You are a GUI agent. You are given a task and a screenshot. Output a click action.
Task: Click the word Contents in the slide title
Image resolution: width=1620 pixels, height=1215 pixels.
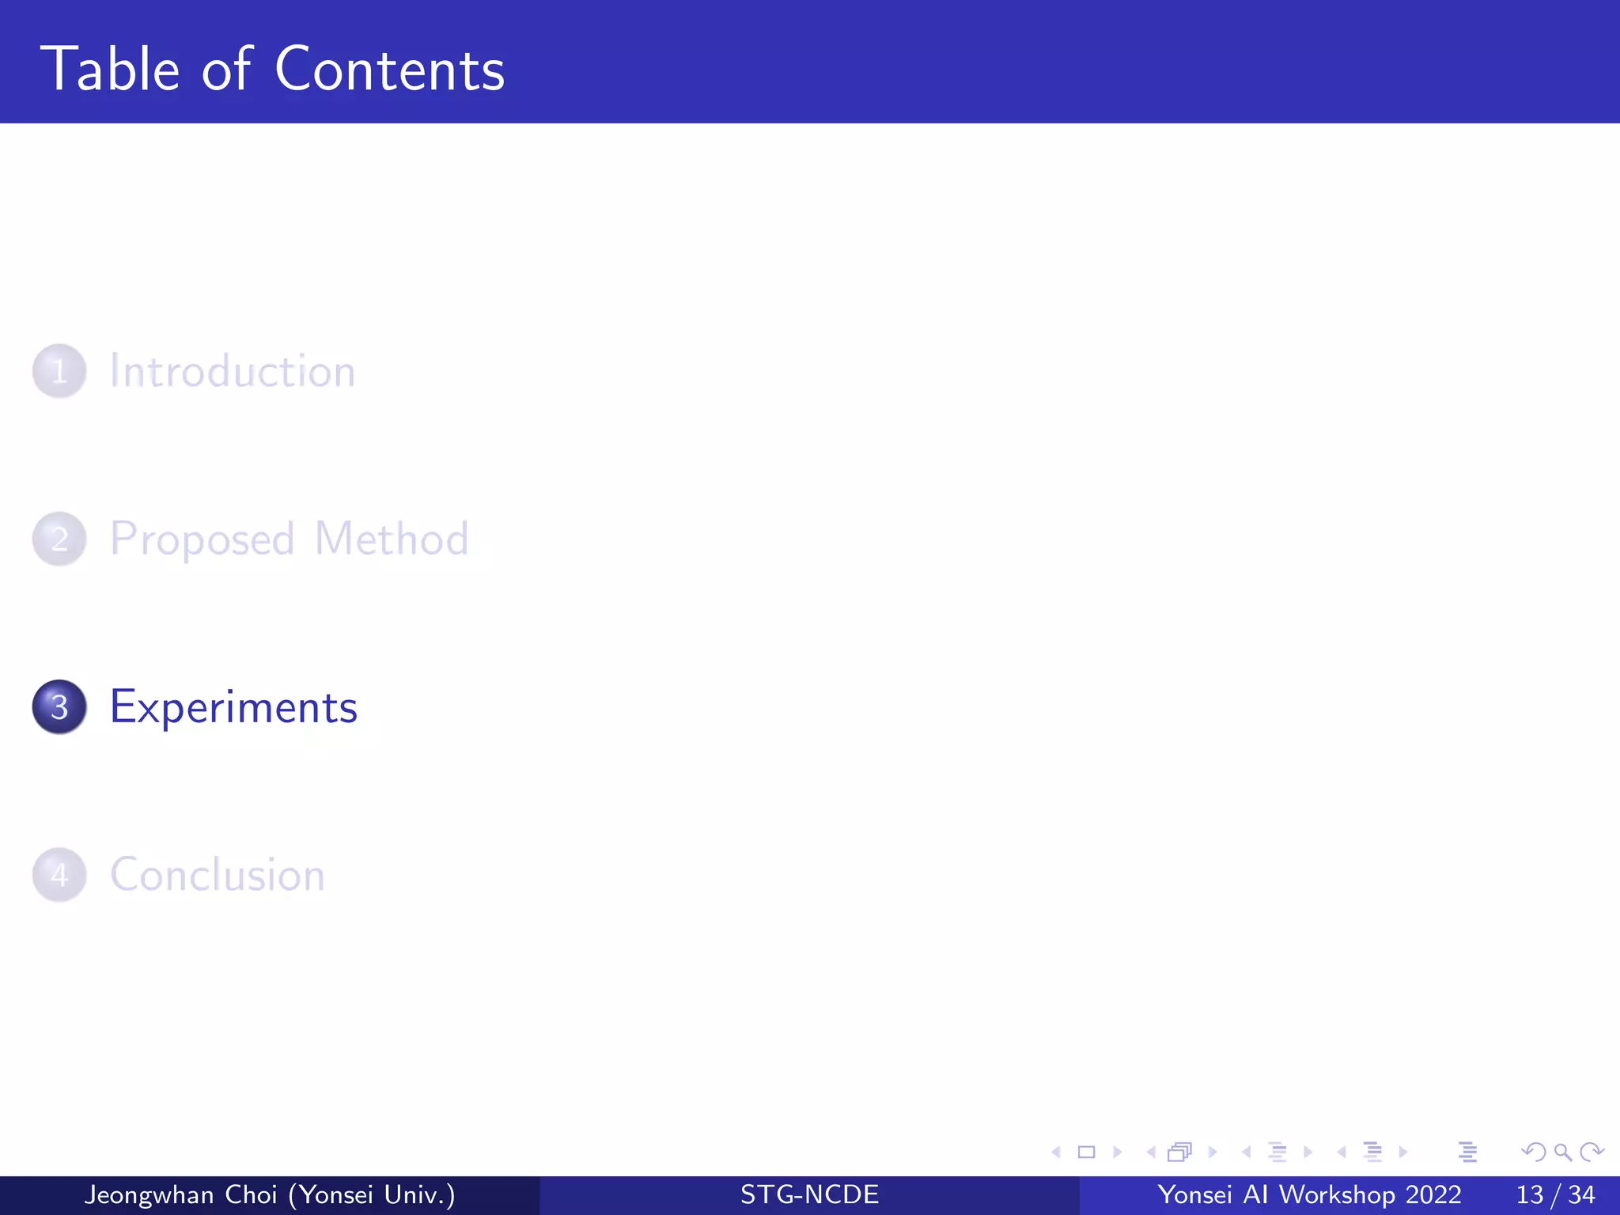[389, 70]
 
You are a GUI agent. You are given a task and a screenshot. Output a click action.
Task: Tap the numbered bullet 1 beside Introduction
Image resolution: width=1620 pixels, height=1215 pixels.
[59, 371]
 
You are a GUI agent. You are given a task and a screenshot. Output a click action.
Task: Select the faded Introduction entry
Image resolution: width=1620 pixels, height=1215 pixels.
[233, 371]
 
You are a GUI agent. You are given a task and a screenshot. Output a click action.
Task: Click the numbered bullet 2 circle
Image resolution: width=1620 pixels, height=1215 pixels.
[59, 539]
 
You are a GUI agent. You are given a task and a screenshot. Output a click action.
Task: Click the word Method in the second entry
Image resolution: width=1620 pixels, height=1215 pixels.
[392, 539]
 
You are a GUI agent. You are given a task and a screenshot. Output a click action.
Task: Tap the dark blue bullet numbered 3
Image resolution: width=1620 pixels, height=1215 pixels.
[59, 706]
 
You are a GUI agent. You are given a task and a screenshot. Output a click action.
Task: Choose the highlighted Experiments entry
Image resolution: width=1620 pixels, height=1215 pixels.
[233, 707]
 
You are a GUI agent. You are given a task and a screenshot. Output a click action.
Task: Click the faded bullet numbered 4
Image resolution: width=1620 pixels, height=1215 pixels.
[59, 875]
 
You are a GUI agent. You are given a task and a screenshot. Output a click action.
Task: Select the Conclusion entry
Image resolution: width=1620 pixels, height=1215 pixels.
[218, 875]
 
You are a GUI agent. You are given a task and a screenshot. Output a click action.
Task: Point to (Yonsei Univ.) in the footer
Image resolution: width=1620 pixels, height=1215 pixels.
[372, 1195]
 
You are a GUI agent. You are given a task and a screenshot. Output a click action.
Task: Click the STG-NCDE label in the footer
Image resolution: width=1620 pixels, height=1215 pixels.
[809, 1195]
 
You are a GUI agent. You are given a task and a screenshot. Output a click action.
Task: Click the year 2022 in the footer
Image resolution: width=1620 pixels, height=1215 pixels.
[1433, 1195]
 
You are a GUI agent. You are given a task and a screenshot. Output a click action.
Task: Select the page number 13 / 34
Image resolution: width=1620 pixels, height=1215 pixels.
[1555, 1195]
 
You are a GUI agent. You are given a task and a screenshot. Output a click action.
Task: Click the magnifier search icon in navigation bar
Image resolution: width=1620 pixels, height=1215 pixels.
[1562, 1153]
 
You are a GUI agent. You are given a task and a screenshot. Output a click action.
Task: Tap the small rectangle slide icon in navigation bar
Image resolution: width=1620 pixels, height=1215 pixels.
[1087, 1153]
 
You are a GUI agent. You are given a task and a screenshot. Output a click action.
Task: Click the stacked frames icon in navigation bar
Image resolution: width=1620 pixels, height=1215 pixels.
[1179, 1153]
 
